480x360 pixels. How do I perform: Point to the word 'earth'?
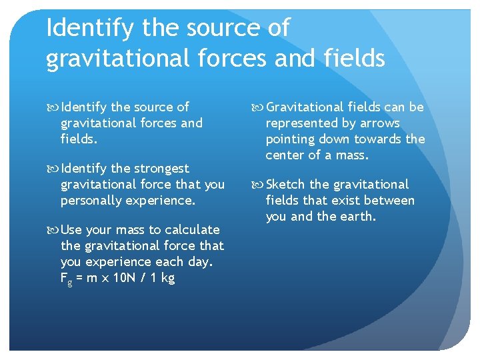(x=357, y=216)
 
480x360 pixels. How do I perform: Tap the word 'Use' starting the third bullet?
(x=71, y=229)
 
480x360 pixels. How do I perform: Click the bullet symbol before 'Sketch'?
(x=258, y=185)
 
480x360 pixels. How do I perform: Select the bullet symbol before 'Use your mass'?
(x=53, y=230)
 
